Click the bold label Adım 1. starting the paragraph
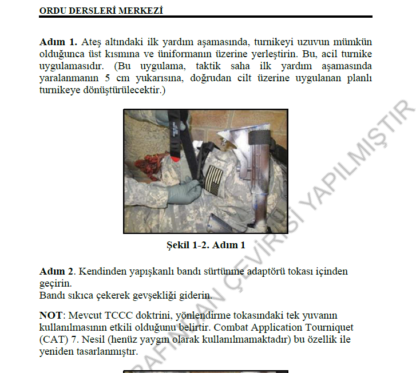(58, 42)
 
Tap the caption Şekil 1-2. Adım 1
(205, 245)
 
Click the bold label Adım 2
(57, 271)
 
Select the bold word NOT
(50, 315)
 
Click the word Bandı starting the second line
(53, 296)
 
